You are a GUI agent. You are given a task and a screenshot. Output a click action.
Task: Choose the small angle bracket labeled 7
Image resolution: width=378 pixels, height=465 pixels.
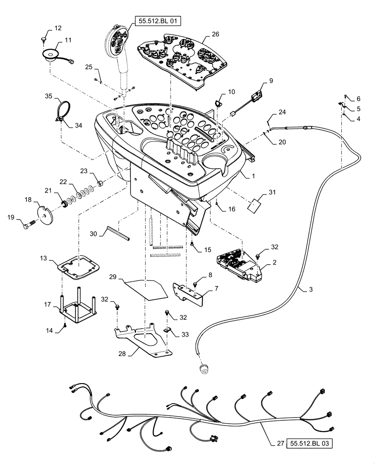191,291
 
